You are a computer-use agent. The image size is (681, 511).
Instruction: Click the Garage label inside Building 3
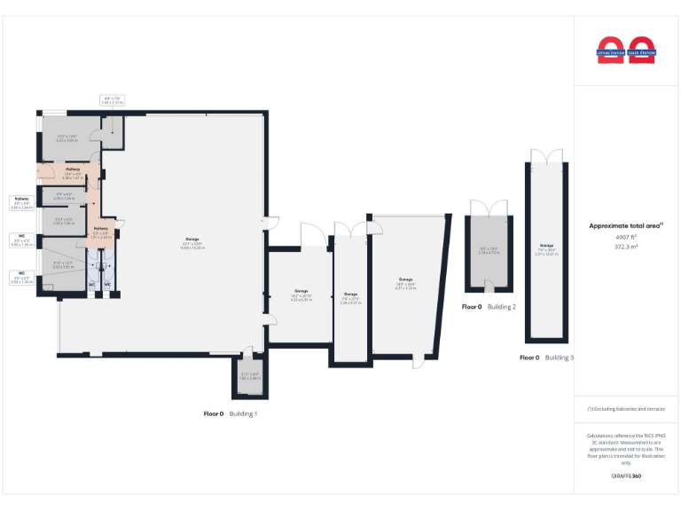pos(546,248)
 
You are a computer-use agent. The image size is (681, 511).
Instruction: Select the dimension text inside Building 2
pos(489,251)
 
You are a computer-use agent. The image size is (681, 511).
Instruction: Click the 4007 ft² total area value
pos(626,238)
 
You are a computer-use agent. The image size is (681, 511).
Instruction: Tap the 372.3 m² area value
pos(626,248)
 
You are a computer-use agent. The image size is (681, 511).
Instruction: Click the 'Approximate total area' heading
pos(625,226)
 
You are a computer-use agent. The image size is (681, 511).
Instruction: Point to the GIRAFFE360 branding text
pos(626,476)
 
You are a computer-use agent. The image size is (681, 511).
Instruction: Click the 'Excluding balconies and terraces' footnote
pos(626,409)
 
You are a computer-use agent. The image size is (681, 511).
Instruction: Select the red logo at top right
pos(626,50)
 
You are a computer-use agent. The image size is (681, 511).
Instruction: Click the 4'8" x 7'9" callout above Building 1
pos(113,100)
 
